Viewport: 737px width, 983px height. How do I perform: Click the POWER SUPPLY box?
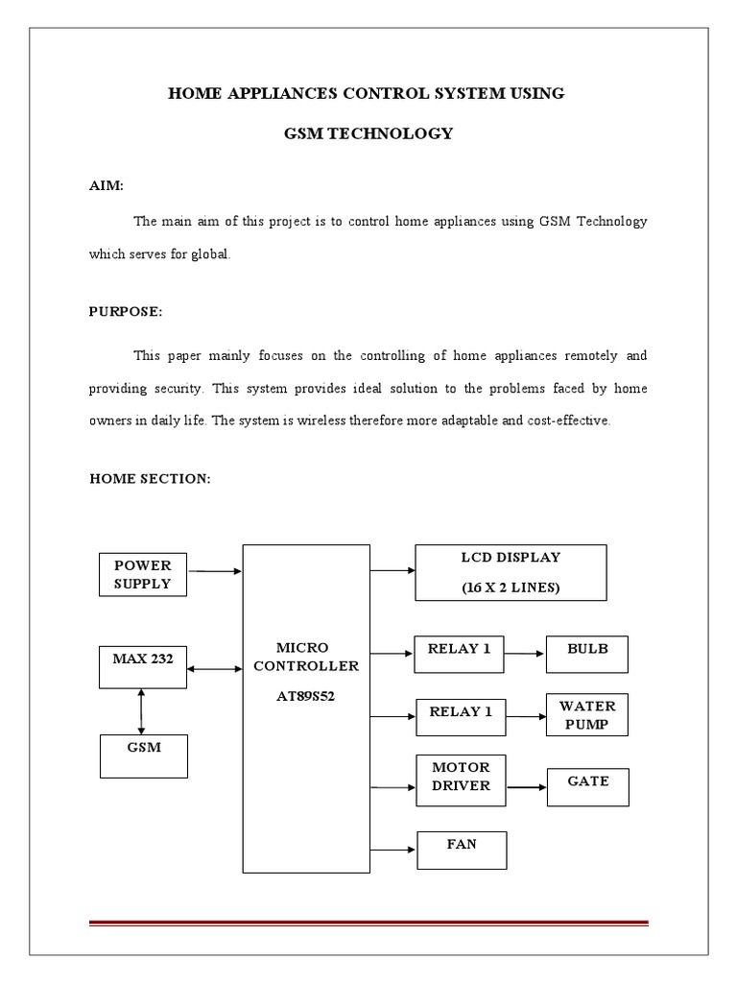click(142, 573)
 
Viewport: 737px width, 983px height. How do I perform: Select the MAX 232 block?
click(142, 667)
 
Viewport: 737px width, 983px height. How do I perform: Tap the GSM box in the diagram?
click(142, 755)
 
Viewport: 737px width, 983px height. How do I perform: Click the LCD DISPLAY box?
click(511, 573)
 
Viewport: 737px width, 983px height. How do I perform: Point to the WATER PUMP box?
click(587, 716)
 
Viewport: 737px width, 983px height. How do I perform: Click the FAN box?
click(462, 851)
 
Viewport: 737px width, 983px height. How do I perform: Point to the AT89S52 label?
click(305, 695)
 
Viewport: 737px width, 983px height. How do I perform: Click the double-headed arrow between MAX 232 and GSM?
click(142, 711)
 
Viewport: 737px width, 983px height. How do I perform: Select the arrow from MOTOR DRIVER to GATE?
click(527, 787)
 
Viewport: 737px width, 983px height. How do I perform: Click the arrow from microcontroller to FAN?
click(392, 850)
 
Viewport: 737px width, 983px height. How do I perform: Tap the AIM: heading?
click(106, 185)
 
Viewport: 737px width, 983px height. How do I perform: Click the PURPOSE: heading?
click(125, 312)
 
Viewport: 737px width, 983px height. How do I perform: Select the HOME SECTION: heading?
click(149, 479)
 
